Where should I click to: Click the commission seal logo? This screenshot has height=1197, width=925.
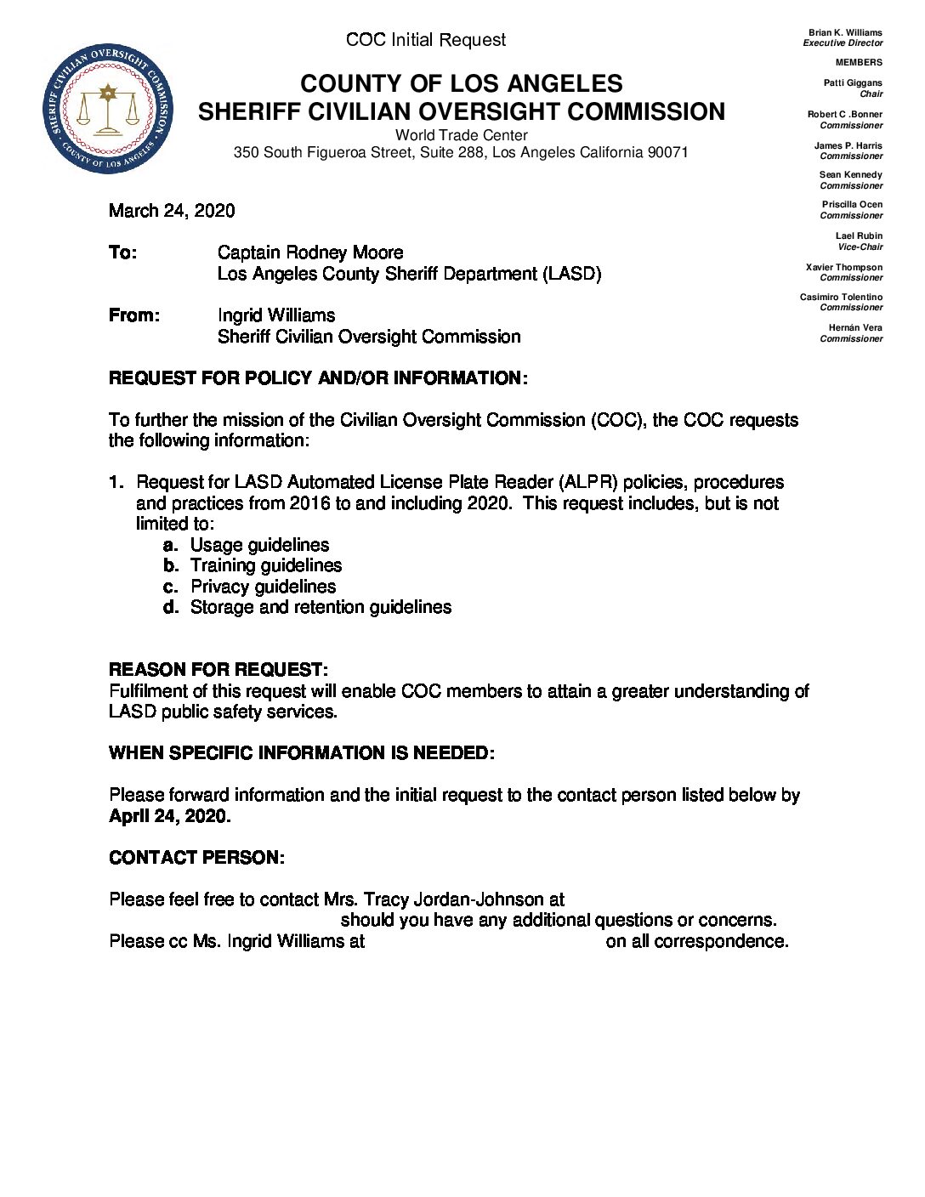point(108,109)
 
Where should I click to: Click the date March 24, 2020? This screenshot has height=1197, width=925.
point(172,211)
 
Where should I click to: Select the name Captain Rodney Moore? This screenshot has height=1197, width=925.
point(310,252)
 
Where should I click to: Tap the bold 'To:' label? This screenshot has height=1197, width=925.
point(122,252)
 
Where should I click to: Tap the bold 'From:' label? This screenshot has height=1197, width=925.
point(134,315)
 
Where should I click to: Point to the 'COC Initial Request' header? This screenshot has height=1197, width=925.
point(425,40)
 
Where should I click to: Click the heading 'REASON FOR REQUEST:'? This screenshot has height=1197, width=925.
point(218,670)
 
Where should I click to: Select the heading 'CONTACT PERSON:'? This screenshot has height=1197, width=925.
point(196,858)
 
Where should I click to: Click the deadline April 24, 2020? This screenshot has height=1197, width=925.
point(170,816)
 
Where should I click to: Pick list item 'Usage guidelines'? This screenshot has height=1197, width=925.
point(259,545)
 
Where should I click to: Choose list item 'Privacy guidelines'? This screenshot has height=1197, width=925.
point(263,587)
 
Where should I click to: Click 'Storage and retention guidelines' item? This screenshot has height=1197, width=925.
point(321,607)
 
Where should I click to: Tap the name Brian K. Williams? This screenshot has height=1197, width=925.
point(845,32)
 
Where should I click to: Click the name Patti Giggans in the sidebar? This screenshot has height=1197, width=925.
point(853,83)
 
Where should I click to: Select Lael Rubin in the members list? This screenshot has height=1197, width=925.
point(859,235)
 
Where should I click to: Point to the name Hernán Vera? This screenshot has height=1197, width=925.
point(855,327)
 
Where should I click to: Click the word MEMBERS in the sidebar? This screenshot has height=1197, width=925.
point(859,62)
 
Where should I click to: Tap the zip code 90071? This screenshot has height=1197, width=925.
point(667,152)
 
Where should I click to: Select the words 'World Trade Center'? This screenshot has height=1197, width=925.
point(461,135)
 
